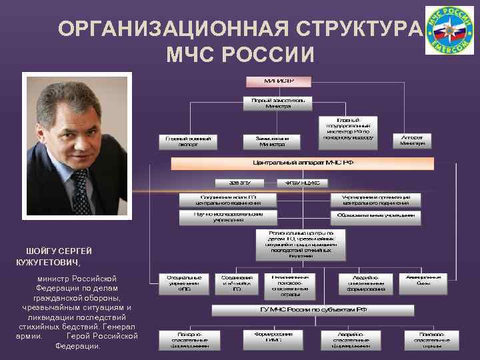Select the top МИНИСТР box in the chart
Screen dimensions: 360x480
click(279, 81)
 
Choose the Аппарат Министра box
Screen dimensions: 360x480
click(413, 141)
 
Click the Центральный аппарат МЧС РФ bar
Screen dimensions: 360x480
click(302, 163)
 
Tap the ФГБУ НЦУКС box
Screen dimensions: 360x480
click(302, 182)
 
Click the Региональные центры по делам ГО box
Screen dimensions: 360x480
click(301, 244)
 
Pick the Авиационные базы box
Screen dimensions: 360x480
click(423, 280)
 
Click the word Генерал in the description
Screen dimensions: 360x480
click(121, 327)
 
